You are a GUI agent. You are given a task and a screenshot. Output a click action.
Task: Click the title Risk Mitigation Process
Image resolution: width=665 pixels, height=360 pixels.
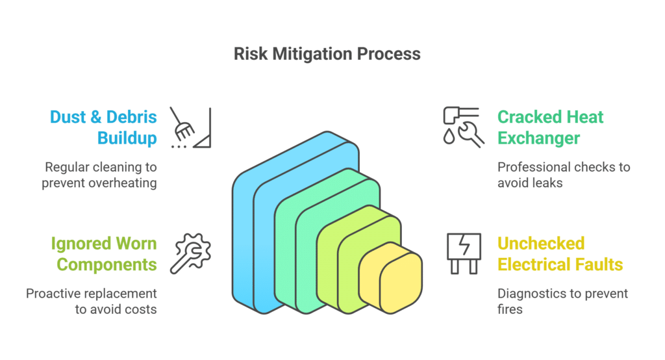click(327, 54)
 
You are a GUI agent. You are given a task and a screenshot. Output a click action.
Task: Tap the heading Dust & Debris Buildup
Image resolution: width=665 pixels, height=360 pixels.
click(104, 127)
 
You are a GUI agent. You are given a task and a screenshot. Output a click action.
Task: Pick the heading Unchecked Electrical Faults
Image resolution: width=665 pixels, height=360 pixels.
click(560, 254)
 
